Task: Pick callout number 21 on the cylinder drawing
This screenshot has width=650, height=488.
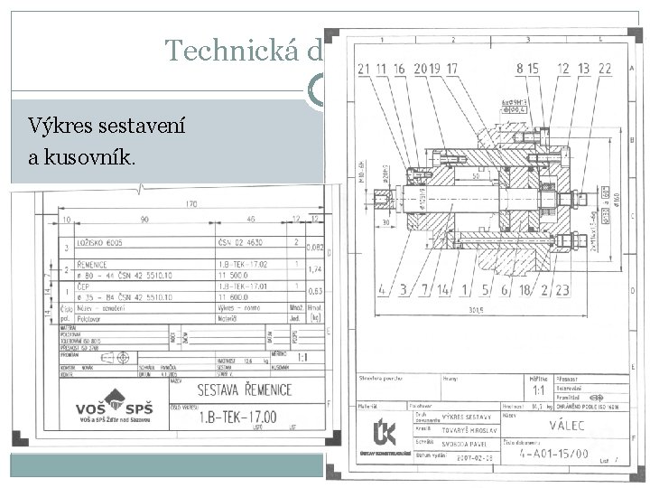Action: point(364,69)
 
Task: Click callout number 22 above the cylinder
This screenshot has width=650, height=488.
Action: point(604,69)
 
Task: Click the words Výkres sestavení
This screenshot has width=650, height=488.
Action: point(107,127)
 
